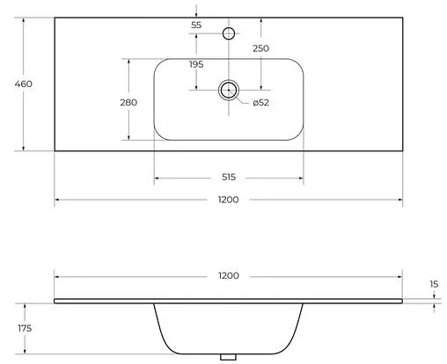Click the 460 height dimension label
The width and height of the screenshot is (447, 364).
tap(24, 84)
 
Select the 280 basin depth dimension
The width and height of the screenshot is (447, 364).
tap(128, 103)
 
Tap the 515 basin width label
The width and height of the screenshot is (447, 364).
tap(229, 177)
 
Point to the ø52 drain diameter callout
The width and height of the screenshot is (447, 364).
tap(260, 103)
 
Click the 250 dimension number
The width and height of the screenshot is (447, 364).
tap(260, 48)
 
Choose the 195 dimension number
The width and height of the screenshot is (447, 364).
tap(196, 64)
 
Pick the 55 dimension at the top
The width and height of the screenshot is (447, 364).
tap(196, 25)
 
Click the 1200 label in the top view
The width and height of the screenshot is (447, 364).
tap(229, 200)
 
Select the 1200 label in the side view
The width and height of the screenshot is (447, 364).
tap(229, 276)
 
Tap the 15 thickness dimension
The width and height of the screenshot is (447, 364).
tap(434, 284)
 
